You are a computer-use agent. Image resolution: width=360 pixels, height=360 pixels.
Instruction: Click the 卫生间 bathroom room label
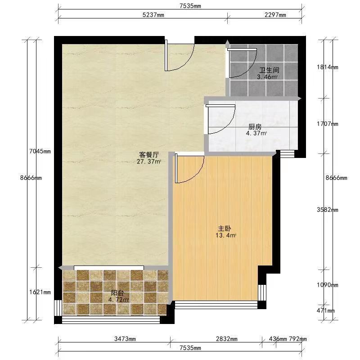tap(269, 70)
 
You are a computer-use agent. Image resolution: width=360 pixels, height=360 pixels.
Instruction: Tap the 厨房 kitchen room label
tap(255, 127)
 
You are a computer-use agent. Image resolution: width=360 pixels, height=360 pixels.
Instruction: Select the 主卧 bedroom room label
tap(224, 229)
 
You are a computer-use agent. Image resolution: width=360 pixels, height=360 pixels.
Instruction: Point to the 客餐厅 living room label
tap(149, 155)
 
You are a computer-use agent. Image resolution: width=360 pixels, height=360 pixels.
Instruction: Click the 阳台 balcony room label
tap(117, 293)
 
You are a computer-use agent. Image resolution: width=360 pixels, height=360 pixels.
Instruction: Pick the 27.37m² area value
tap(149, 162)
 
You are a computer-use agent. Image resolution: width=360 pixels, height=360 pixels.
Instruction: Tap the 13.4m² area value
tap(226, 235)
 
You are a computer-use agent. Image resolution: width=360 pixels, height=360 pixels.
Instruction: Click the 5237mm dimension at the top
tap(153, 15)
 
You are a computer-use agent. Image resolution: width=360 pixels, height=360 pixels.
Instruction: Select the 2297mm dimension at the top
tap(275, 15)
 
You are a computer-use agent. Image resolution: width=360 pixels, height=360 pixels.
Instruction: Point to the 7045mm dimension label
tap(40, 151)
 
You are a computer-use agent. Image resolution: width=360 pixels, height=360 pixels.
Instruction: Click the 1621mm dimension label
tap(40, 292)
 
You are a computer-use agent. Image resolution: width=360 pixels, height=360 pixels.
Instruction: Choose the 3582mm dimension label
tap(328, 210)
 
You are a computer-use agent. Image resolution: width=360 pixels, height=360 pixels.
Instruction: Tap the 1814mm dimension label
tap(328, 67)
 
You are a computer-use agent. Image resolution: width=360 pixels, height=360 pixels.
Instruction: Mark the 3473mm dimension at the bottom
tap(125, 339)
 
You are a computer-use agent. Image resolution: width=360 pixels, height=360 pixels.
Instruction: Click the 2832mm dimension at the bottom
tap(227, 339)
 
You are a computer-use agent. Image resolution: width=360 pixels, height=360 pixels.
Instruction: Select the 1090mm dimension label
tap(328, 285)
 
